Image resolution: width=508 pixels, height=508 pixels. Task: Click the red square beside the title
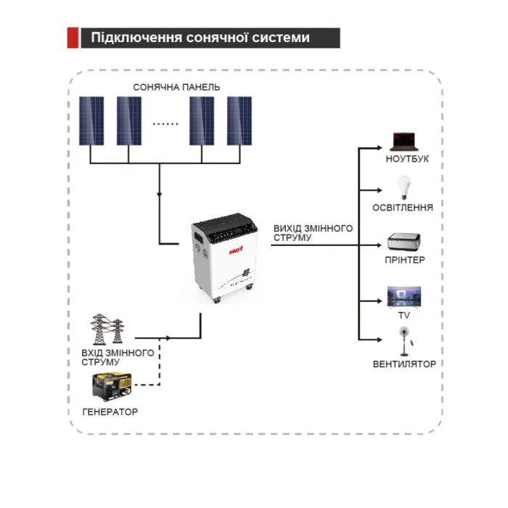(x=73, y=38)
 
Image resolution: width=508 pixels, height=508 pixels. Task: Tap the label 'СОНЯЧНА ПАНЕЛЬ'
(x=176, y=87)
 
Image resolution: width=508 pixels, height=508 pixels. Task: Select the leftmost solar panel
(x=91, y=120)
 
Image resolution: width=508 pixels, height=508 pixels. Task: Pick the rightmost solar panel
(x=239, y=120)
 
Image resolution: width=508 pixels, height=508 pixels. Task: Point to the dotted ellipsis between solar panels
(x=165, y=123)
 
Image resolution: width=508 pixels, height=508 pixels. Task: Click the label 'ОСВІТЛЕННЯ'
(x=403, y=208)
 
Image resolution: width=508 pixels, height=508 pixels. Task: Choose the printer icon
(x=403, y=242)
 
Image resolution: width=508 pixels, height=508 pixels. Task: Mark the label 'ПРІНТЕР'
(x=405, y=260)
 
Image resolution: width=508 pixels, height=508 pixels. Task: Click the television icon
(x=403, y=296)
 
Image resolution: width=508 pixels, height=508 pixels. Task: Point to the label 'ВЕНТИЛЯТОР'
(x=404, y=364)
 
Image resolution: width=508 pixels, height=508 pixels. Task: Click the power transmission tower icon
(x=104, y=330)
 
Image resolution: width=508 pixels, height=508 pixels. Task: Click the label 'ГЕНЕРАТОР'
(x=110, y=412)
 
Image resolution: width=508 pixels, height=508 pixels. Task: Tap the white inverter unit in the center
(x=224, y=258)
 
